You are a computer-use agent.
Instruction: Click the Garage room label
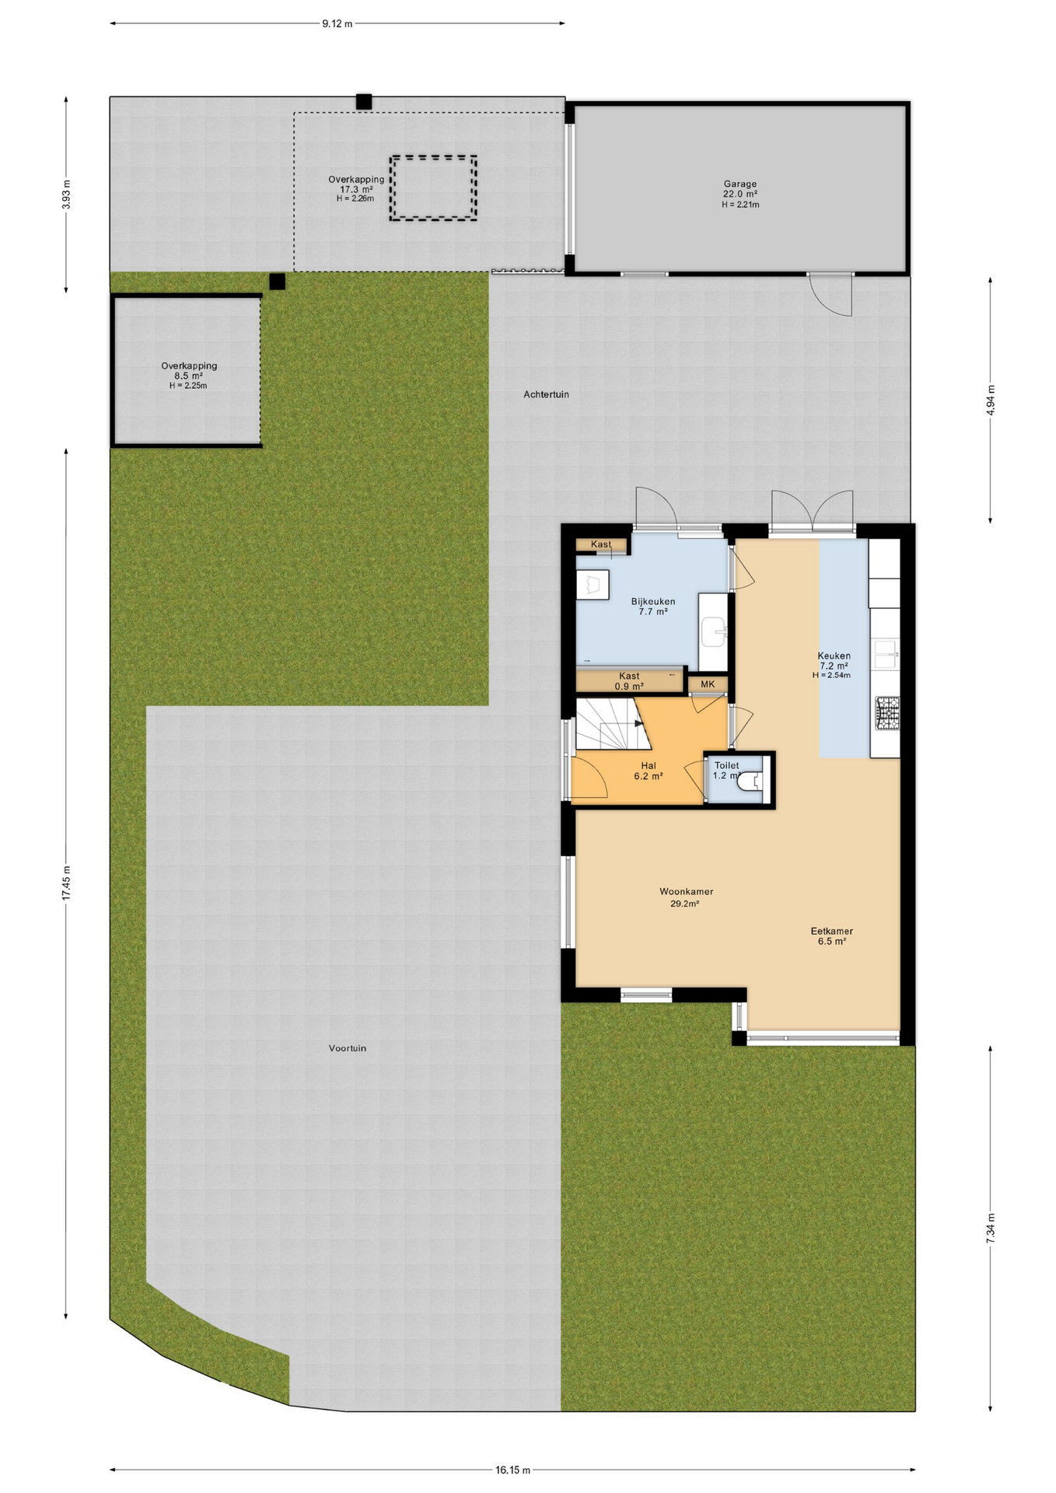pyautogui.click(x=740, y=194)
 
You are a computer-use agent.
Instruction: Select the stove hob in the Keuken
pyautogui.click(x=886, y=713)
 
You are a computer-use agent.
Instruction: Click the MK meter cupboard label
pyautogui.click(x=707, y=684)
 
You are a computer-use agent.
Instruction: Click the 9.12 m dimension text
pyautogui.click(x=337, y=23)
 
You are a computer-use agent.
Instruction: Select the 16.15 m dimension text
pyautogui.click(x=512, y=1470)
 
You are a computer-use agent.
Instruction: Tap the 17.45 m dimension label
pyautogui.click(x=66, y=883)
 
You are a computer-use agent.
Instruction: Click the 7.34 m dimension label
pyautogui.click(x=990, y=1228)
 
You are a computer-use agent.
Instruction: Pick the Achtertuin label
pyautogui.click(x=546, y=394)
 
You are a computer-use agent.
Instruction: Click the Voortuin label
pyautogui.click(x=347, y=1048)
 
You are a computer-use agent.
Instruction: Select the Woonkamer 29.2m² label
pyautogui.click(x=686, y=897)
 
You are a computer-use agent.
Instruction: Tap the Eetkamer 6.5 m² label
pyautogui.click(x=831, y=935)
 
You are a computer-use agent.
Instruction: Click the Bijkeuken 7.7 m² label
pyautogui.click(x=652, y=607)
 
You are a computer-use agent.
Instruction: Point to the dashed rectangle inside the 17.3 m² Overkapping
pyautogui.click(x=433, y=187)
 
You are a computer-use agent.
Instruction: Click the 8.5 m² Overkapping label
pyautogui.click(x=189, y=375)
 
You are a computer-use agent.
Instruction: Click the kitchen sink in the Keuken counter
pyautogui.click(x=886, y=653)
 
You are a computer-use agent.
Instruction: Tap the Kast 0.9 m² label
pyautogui.click(x=629, y=681)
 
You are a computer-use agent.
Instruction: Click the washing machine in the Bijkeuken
pyautogui.click(x=593, y=584)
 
